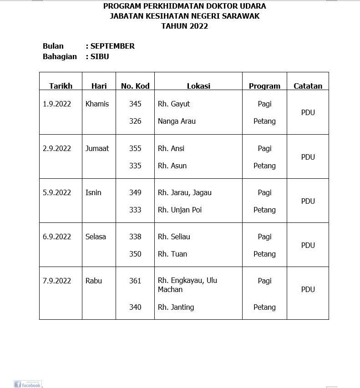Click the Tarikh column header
(x=61, y=86)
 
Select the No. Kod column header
(x=135, y=86)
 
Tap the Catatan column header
(x=308, y=86)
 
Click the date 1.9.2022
(x=57, y=104)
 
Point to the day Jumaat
(x=97, y=148)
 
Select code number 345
(x=135, y=104)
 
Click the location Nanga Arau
(x=177, y=121)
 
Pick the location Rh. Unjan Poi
(x=179, y=210)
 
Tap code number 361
(x=135, y=281)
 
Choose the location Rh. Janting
(x=176, y=307)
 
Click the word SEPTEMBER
(x=112, y=46)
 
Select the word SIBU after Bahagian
(x=100, y=57)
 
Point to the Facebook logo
(x=27, y=384)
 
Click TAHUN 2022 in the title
(x=184, y=26)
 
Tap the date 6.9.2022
(x=57, y=237)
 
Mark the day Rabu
(x=94, y=281)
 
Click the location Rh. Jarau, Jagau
(x=184, y=192)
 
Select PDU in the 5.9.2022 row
(x=308, y=201)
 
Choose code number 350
(x=135, y=254)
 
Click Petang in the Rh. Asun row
(x=264, y=166)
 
